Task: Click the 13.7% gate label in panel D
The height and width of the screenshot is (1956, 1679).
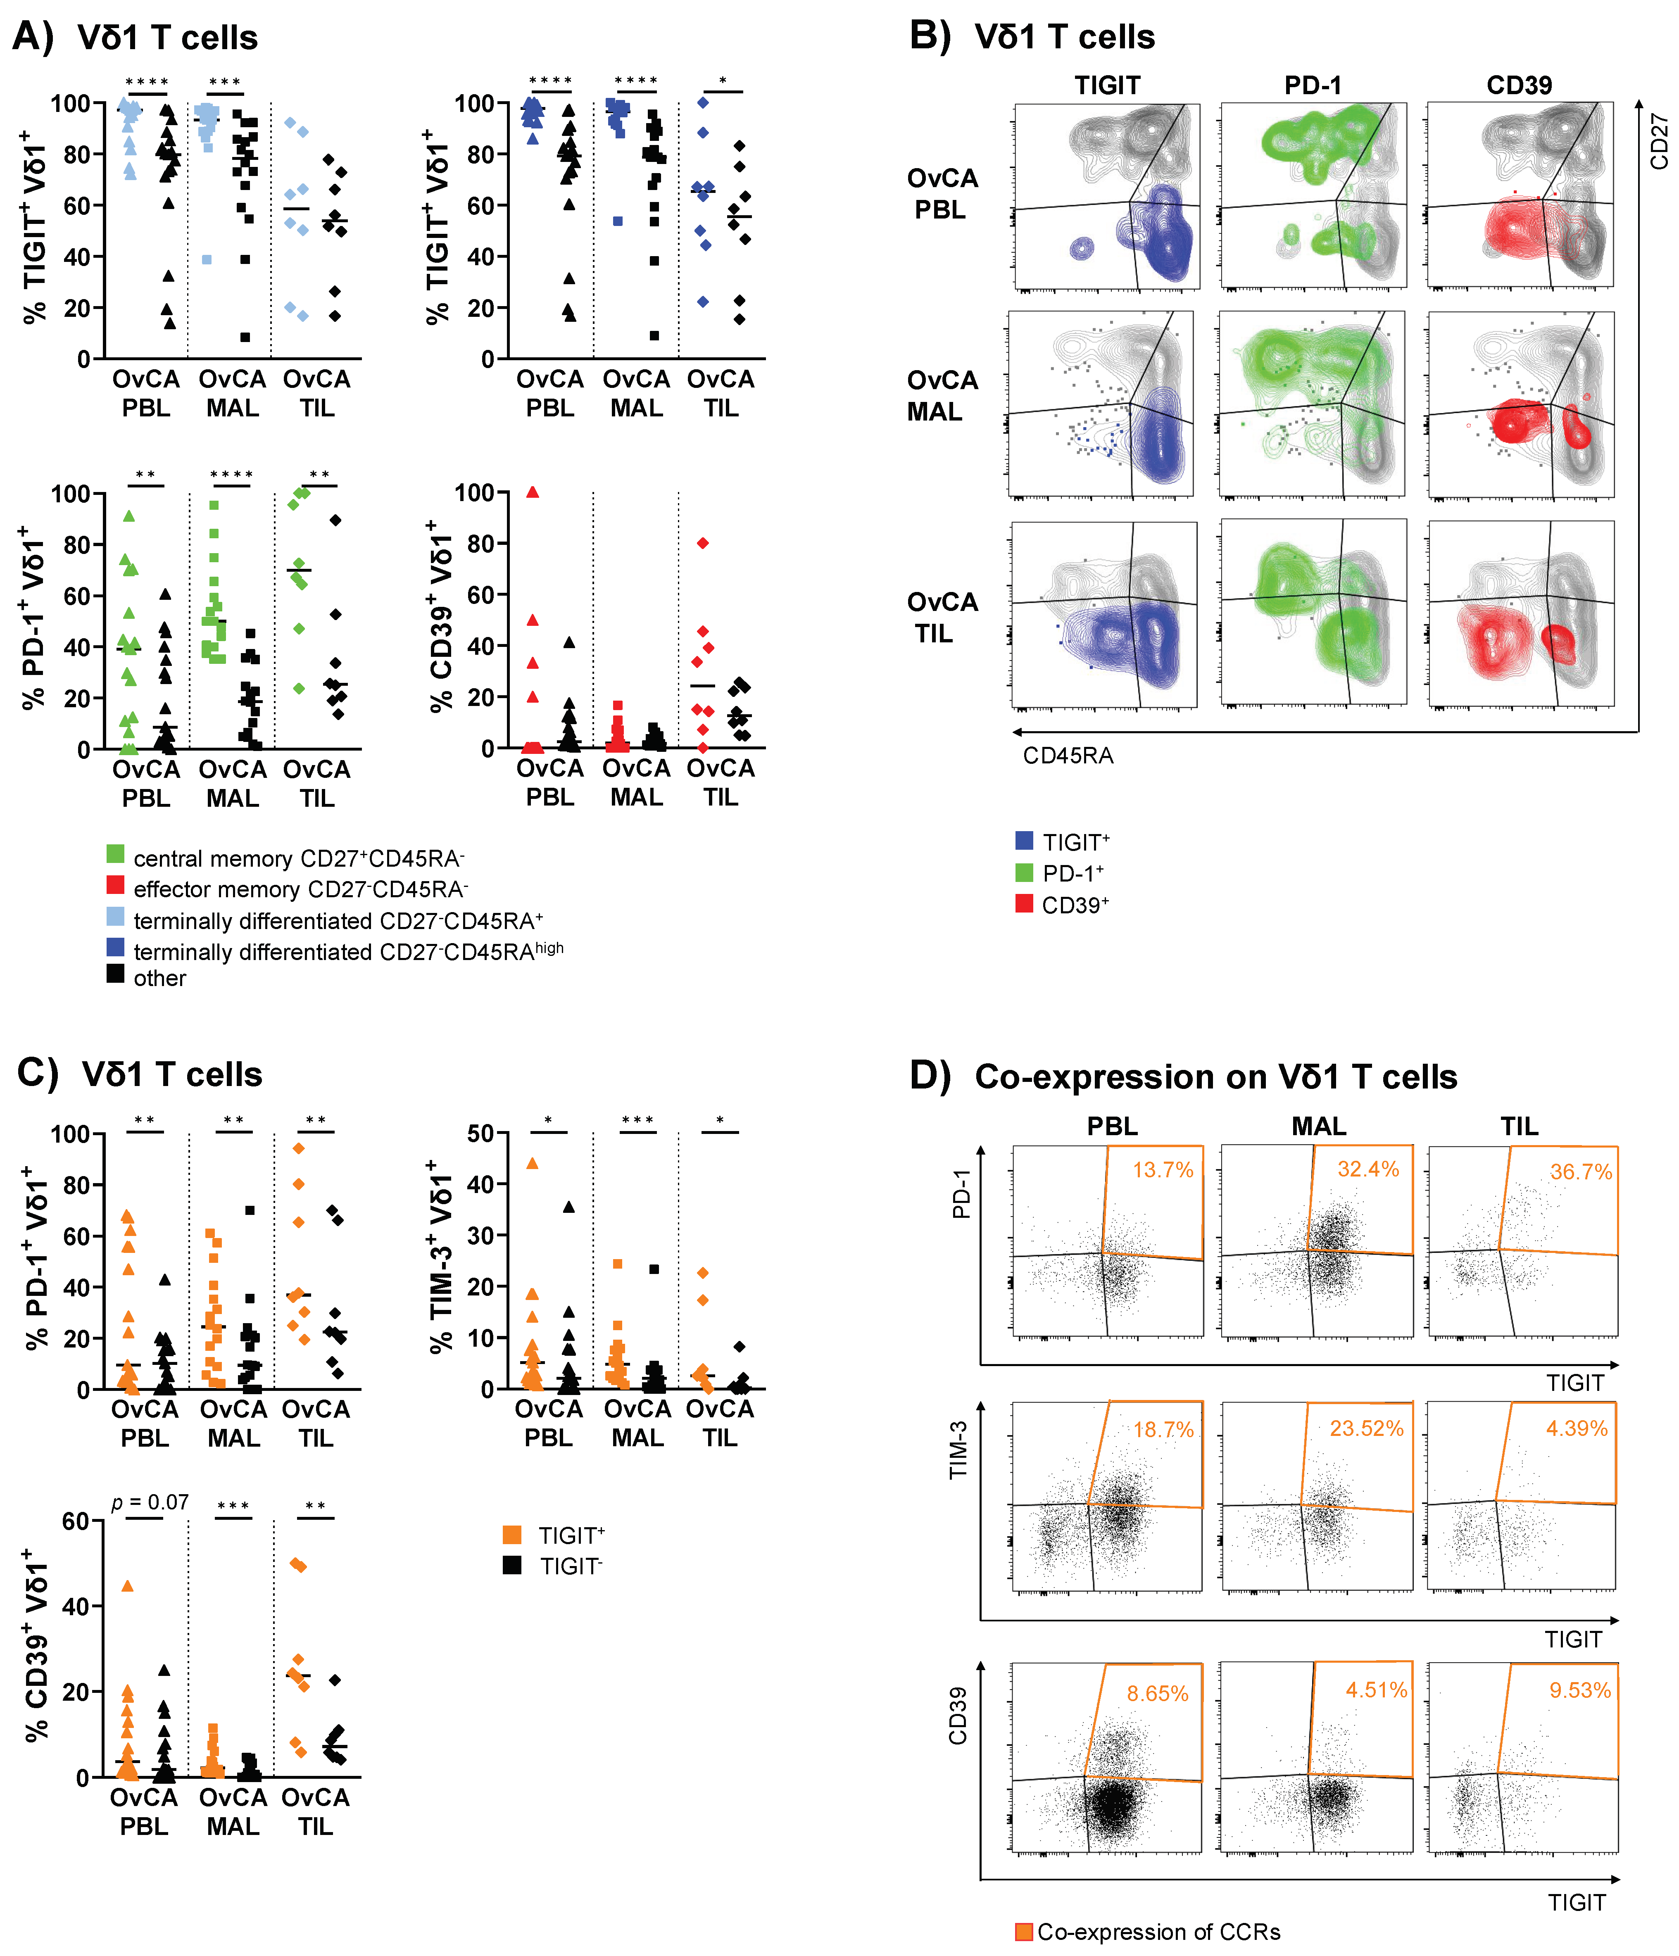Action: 1163,1171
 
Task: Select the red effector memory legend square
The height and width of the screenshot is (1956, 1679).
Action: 115,886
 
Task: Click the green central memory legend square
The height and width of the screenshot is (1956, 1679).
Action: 115,854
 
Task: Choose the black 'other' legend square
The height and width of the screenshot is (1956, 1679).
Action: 115,974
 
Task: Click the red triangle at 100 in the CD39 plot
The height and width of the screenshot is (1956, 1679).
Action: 533,492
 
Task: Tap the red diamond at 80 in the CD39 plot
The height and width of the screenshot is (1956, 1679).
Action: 703,543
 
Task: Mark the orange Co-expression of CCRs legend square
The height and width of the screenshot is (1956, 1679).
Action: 1023,1932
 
